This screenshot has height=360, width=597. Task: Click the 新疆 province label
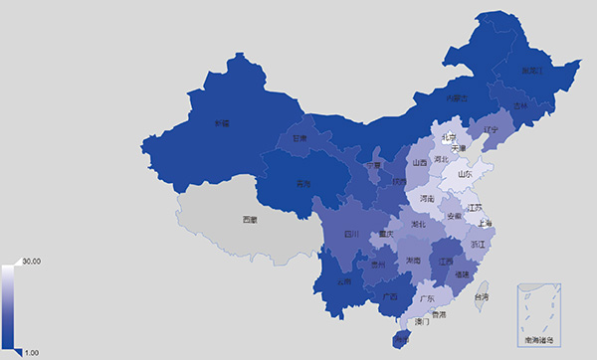[x=221, y=123]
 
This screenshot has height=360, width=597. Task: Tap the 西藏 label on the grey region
[x=250, y=219]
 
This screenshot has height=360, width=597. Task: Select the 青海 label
[x=303, y=184]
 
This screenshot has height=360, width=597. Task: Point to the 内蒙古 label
[x=457, y=97]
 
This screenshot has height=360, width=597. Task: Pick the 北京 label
[x=449, y=136]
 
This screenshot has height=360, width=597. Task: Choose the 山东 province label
[x=465, y=174]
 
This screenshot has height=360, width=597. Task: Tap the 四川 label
[x=351, y=235]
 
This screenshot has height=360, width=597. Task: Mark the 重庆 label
[x=382, y=235]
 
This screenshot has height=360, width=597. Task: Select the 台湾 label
[x=481, y=296]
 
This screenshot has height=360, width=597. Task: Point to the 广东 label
[x=429, y=297]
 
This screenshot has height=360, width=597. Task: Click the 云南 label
[x=343, y=281]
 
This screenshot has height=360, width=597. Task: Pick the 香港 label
[x=438, y=314]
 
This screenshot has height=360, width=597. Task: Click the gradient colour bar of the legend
[x=9, y=306]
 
